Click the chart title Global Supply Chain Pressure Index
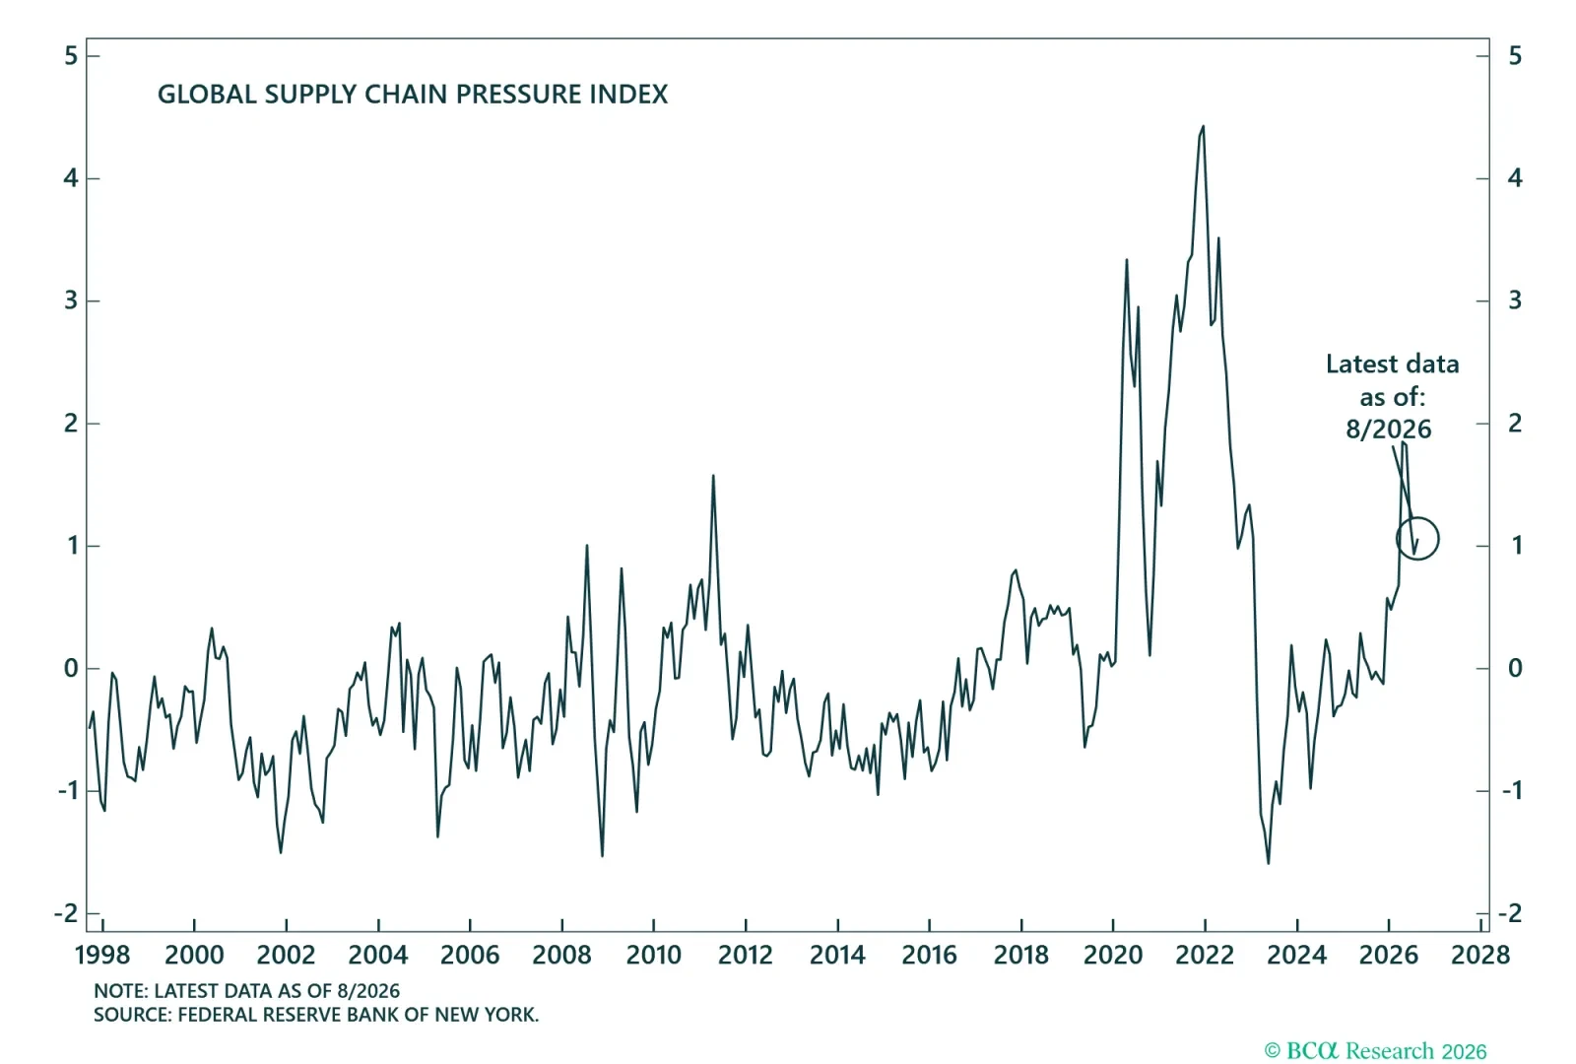413,95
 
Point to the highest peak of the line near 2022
1203,127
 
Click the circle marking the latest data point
1417,538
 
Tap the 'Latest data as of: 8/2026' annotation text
1392,396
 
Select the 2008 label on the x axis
561,955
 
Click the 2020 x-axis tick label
1112,955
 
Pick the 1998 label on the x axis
102,955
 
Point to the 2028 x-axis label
1480,955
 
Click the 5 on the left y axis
71,55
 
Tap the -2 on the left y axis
66,913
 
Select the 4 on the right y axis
1515,178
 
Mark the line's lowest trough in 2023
1269,863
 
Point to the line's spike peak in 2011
713,477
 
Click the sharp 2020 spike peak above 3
1127,260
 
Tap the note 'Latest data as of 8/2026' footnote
247,991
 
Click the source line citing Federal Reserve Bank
316,1015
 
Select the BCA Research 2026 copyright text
1375,1050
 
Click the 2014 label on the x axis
837,955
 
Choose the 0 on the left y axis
71,668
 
